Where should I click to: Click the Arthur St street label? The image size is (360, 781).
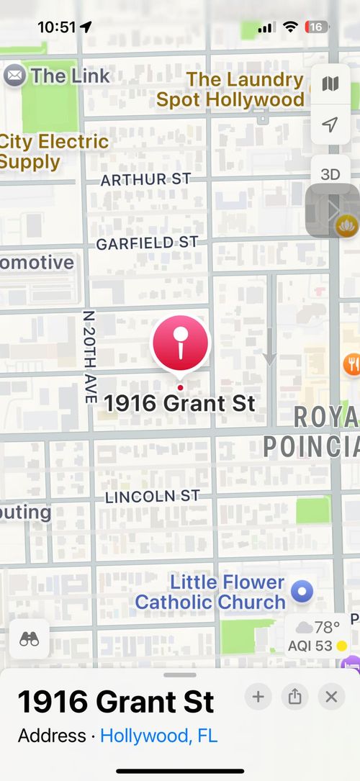pos(145,179)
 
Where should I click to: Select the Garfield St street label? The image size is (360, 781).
pos(147,243)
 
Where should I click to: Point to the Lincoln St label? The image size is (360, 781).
pos(152,497)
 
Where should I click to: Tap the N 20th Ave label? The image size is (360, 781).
pos(89,356)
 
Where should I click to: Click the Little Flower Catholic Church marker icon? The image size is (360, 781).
pos(301,592)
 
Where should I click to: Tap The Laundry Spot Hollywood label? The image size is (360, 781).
pos(230,89)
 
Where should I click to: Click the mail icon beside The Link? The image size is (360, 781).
pos(14,75)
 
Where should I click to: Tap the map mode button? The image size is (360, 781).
pos(330,84)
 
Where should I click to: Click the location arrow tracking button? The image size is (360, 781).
pos(330,125)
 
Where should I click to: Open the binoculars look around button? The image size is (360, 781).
pos(30,638)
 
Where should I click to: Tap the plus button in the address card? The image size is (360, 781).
pos(258,696)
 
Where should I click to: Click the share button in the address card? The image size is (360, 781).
pos(294,696)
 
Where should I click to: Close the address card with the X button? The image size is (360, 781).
pos(331,696)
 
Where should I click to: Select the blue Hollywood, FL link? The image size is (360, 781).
pos(158,736)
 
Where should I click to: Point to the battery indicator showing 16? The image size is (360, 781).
pos(318,27)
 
